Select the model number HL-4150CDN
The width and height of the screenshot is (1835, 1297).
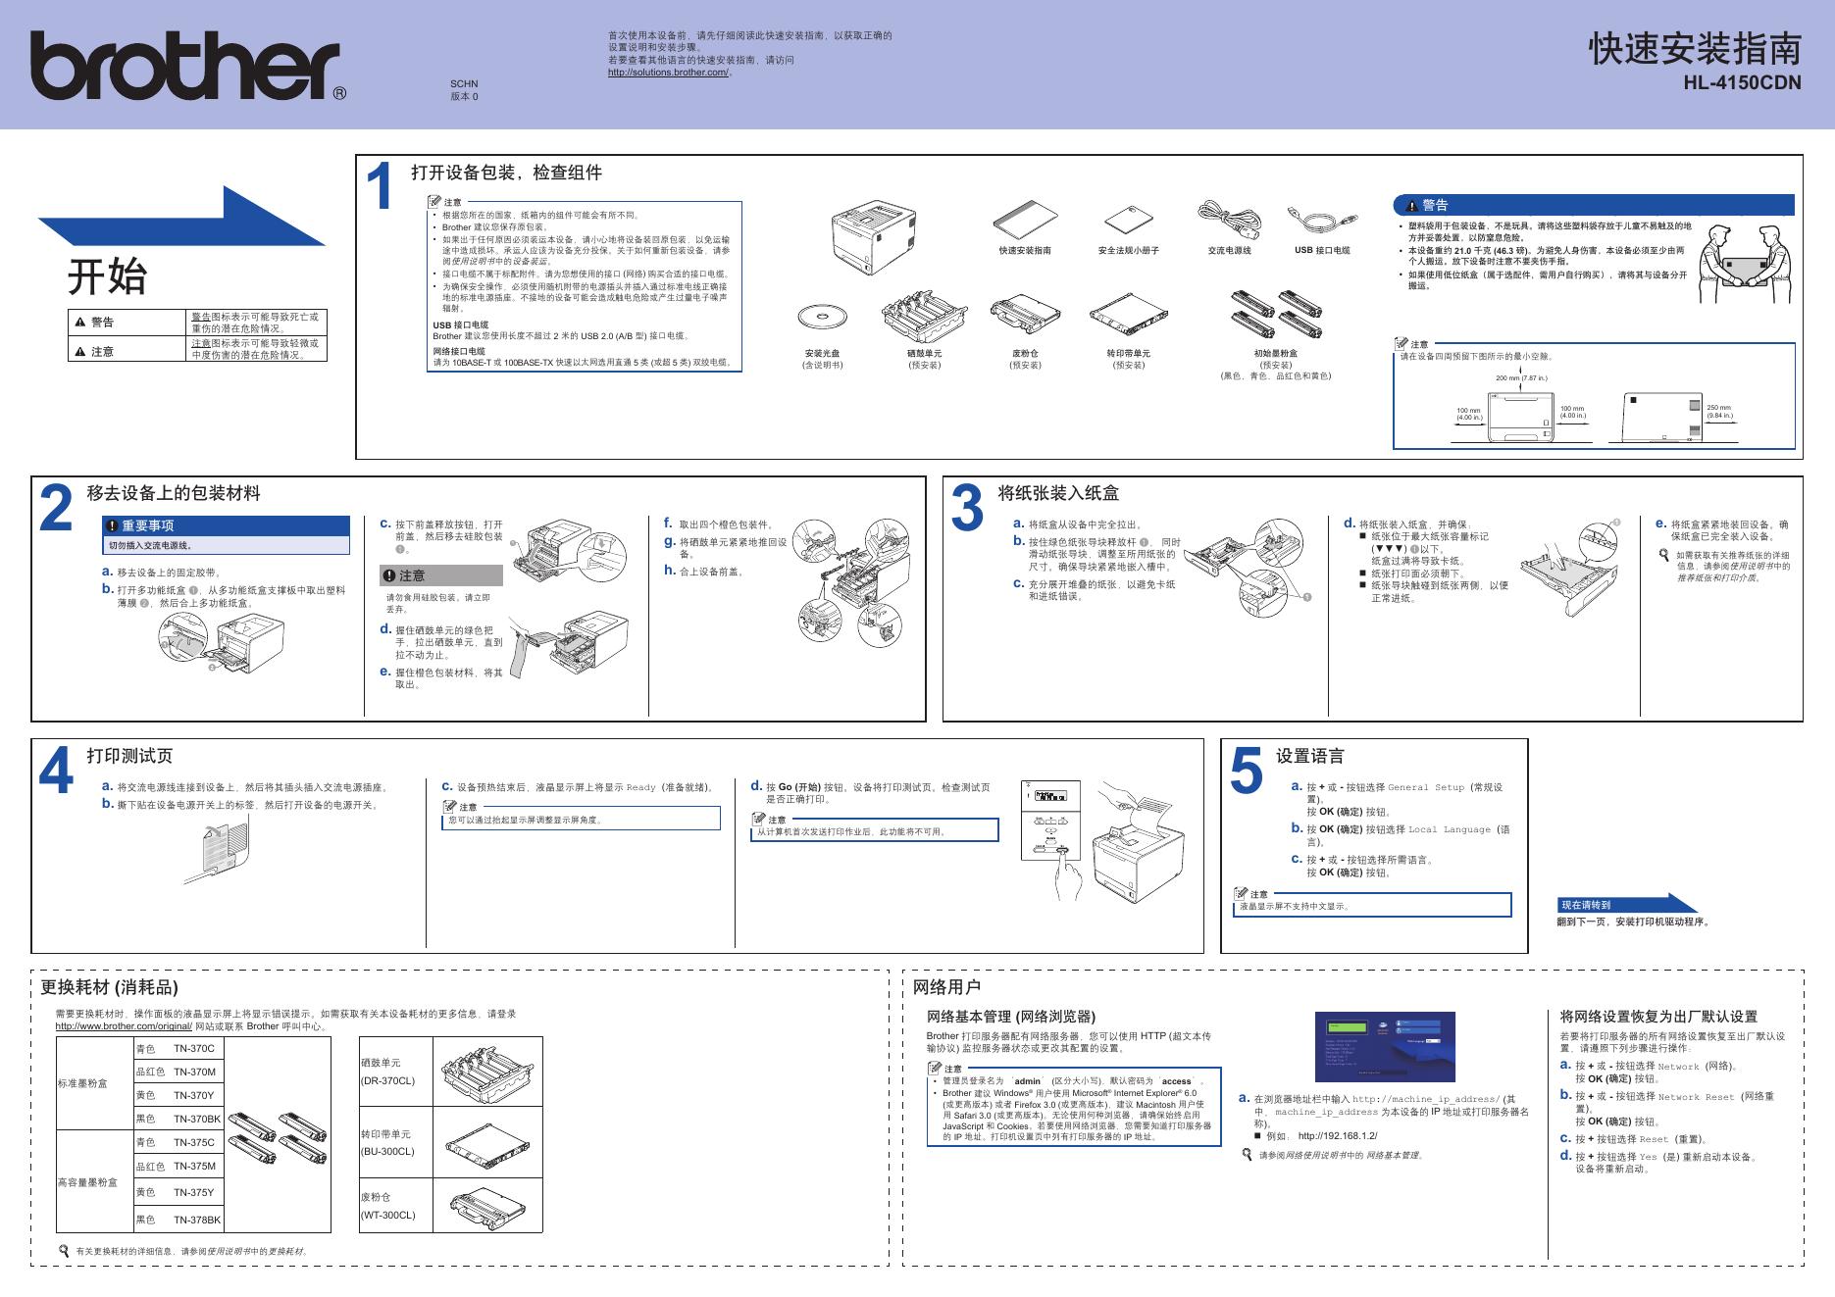click(x=1742, y=83)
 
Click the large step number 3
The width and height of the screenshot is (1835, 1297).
click(x=967, y=509)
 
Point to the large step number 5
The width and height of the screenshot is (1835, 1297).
click(x=1246, y=772)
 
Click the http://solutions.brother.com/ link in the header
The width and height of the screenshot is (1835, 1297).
click(x=668, y=73)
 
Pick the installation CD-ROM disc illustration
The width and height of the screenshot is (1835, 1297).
click(x=821, y=318)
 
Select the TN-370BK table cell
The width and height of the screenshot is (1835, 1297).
click(x=197, y=1119)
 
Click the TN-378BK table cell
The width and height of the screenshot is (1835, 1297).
click(x=197, y=1220)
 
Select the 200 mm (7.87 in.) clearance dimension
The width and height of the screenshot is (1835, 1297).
click(x=1521, y=378)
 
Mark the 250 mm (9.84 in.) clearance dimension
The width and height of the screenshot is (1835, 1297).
click(x=1719, y=412)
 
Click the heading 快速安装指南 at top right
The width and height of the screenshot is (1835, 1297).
click(x=1695, y=49)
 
